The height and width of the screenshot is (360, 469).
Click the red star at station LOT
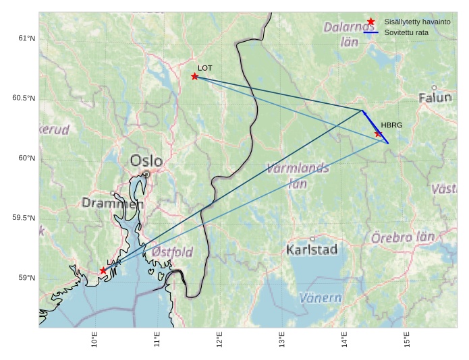194,76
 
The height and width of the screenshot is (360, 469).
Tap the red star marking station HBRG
379,133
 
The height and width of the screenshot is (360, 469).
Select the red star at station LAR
103,270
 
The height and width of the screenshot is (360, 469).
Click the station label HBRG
391,125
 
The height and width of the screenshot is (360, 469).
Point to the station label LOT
205,68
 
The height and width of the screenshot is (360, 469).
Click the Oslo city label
146,161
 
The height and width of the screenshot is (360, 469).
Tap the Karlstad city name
312,250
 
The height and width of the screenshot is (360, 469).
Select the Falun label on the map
435,98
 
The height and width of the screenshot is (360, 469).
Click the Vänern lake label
321,297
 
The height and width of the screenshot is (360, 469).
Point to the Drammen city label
113,203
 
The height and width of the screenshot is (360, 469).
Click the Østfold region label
172,251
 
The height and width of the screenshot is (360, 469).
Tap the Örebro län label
404,237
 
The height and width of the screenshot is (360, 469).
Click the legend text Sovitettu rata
406,32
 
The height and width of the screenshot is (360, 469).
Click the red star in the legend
370,22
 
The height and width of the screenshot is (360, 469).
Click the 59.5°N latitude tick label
24,218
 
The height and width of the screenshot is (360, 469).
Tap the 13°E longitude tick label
282,342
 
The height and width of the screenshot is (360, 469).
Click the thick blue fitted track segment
375,126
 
